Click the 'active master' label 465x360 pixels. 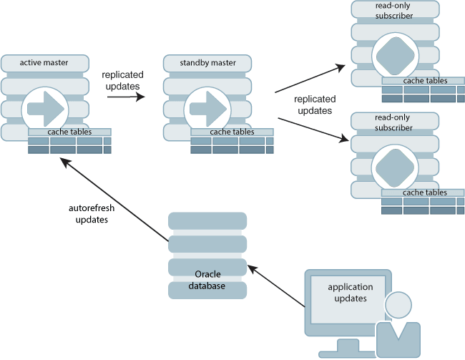click(x=44, y=63)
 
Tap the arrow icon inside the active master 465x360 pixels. click(x=45, y=109)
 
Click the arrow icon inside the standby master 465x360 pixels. click(x=207, y=109)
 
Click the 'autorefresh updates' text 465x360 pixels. click(x=92, y=214)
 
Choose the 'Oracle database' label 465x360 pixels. click(x=207, y=280)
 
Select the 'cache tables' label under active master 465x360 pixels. click(x=69, y=132)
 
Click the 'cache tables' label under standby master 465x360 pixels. click(x=232, y=132)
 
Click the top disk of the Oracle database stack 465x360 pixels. click(x=207, y=220)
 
